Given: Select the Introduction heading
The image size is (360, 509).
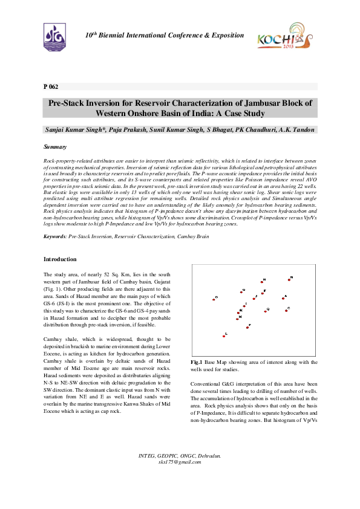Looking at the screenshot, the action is click(x=61, y=259).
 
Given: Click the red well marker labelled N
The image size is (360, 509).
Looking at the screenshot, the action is click(x=289, y=280).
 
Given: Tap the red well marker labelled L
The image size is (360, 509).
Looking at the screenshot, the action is click(x=224, y=336).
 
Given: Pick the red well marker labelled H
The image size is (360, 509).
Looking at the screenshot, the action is click(x=262, y=282).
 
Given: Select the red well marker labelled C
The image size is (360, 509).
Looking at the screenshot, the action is click(x=287, y=310).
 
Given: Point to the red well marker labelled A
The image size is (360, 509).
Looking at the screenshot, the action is click(x=283, y=298).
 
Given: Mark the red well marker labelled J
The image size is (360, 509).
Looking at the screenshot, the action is click(x=254, y=299).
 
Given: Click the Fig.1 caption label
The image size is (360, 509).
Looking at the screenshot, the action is click(x=196, y=361).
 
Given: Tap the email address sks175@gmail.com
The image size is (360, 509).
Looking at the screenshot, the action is click(x=180, y=462).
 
